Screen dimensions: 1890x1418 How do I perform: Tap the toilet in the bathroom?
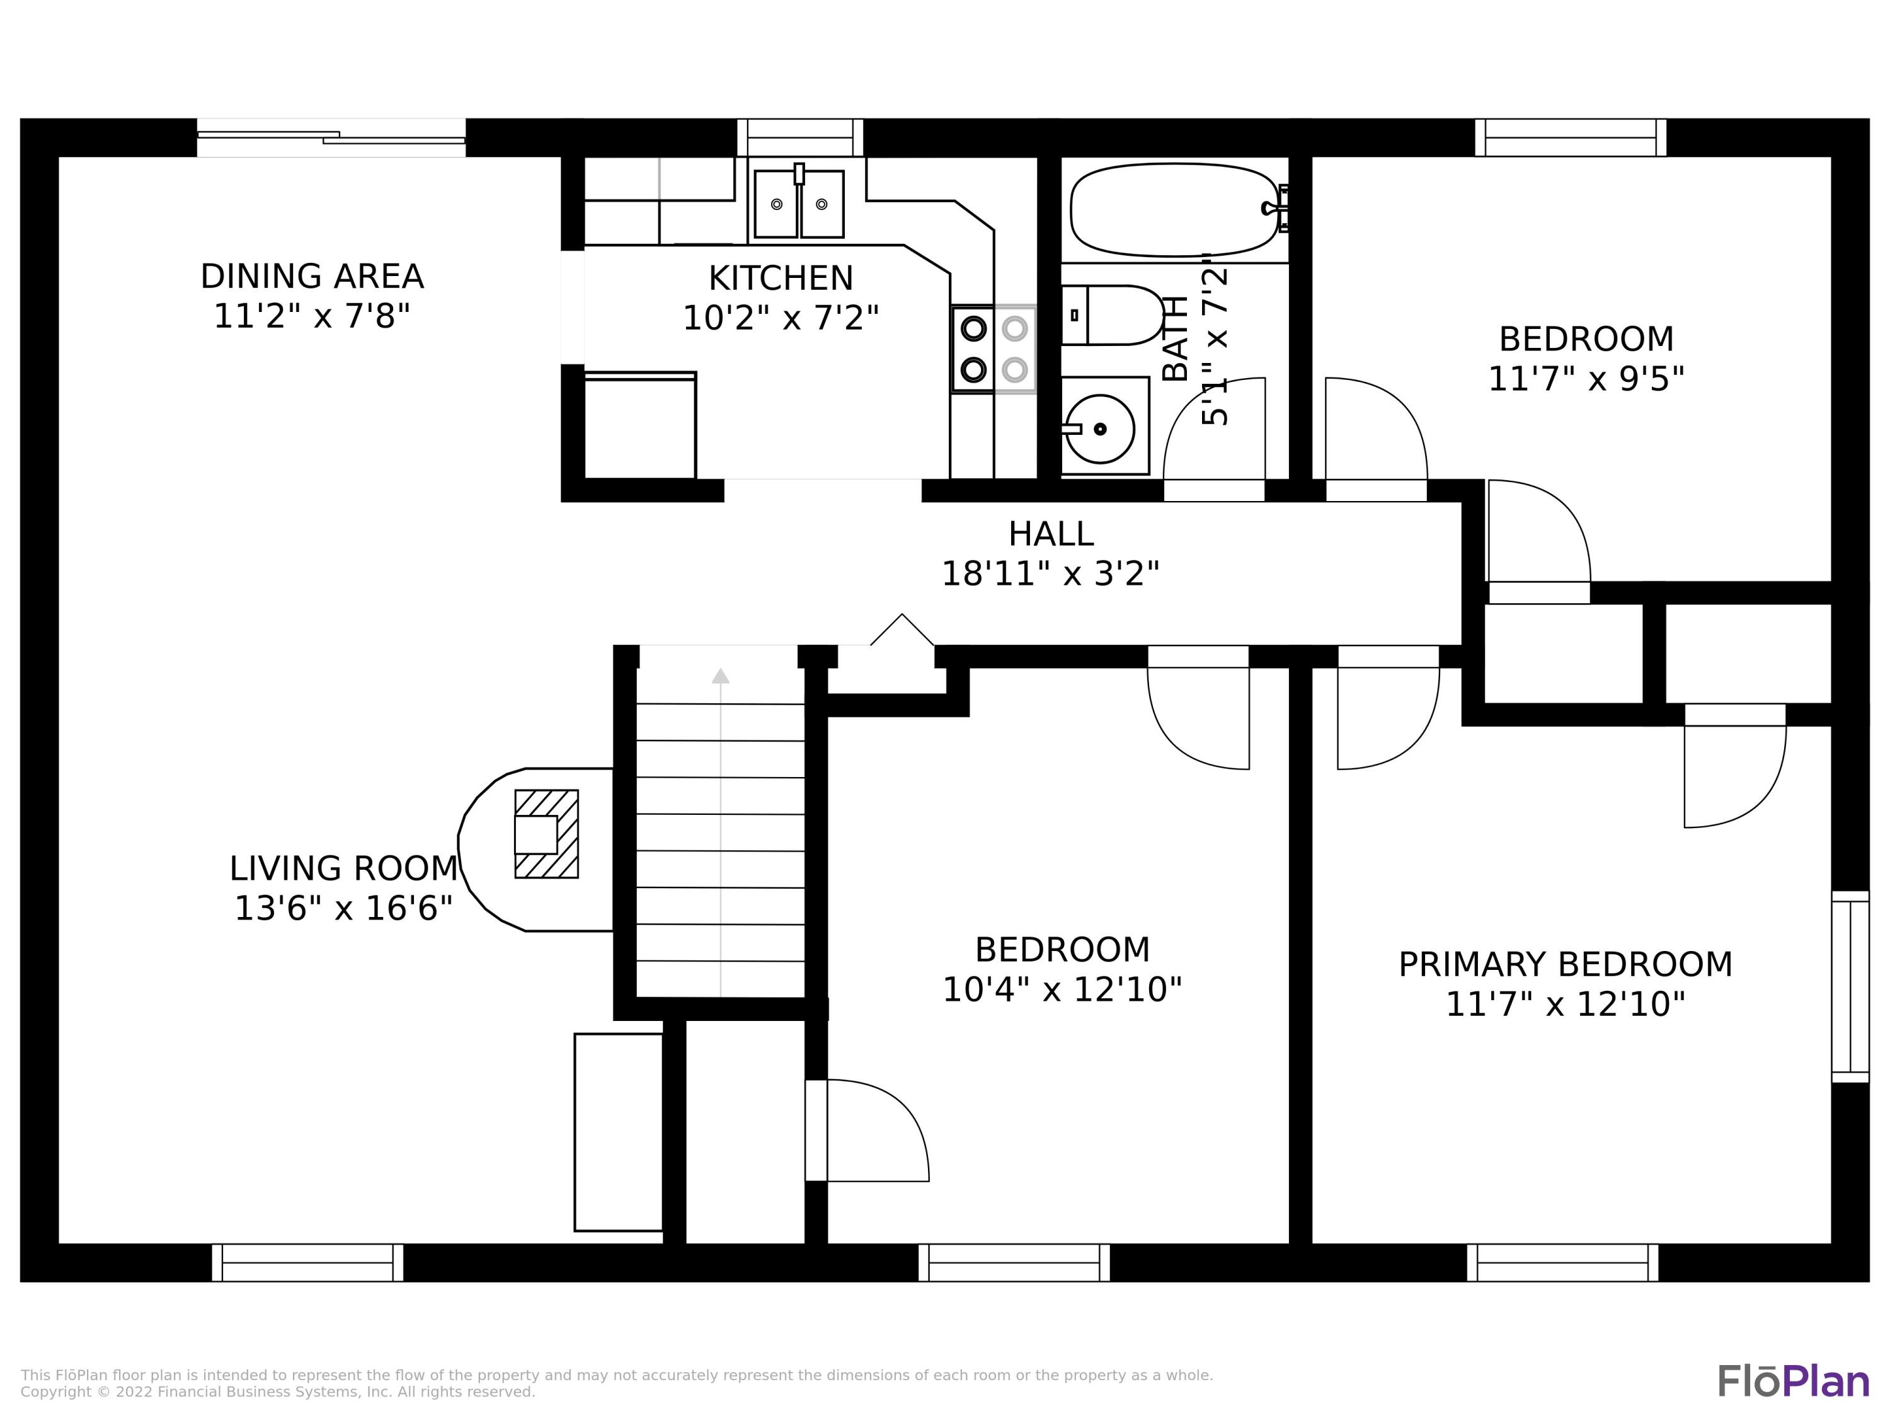tap(1113, 315)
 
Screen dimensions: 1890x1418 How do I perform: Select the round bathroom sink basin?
tap(1101, 429)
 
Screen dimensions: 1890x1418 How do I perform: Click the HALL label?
tap(1051, 534)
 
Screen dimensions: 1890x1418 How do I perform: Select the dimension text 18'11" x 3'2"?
tap(1051, 574)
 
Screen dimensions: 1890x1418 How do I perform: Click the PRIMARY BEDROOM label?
tap(1566, 964)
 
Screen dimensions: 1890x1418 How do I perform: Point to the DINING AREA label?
tap(312, 277)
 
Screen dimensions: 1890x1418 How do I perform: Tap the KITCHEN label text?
tap(781, 279)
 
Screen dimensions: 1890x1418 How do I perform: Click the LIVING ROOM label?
tap(343, 868)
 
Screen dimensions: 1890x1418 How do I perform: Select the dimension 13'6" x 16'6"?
tap(343, 908)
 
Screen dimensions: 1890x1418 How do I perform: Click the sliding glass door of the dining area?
tap(331, 137)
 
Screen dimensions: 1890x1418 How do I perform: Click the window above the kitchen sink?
tap(801, 137)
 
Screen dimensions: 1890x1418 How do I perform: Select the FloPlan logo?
tap(1794, 1381)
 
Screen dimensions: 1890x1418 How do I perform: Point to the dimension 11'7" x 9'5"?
tap(1587, 379)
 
